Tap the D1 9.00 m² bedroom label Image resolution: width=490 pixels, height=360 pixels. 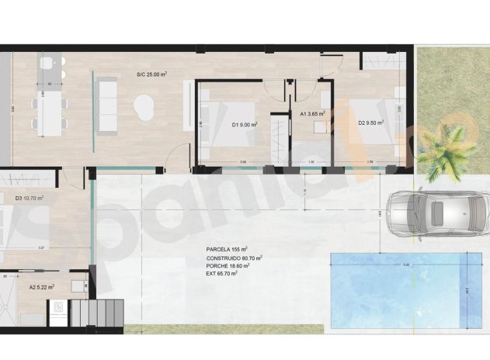(245, 123)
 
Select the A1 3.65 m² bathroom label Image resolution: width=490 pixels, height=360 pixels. (311, 114)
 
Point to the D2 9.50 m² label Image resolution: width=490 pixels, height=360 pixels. (371, 123)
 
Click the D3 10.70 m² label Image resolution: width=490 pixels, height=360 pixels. (30, 199)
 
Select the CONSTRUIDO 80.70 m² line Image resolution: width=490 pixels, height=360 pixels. (235, 258)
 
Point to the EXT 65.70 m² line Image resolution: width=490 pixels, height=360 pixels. (222, 273)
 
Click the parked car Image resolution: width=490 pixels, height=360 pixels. (426, 213)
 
